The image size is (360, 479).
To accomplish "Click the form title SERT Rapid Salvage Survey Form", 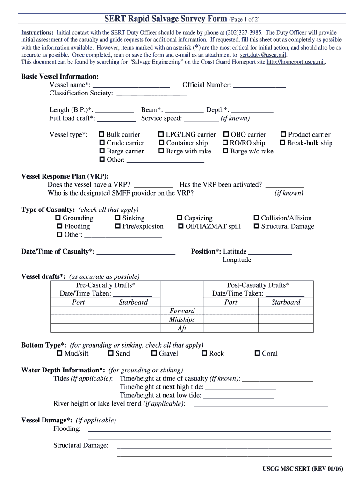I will pyautogui.click(x=166, y=19).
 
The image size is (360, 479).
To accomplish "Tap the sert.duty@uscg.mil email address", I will pyautogui.click(x=259, y=55).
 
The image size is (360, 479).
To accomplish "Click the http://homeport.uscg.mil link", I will pyautogui.click(x=295, y=62).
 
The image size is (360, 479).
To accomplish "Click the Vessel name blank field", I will pyautogui.click(x=131, y=85).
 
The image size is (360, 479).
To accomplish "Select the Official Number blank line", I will pyautogui.click(x=259, y=85).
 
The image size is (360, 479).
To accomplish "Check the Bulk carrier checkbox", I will pyautogui.click(x=101, y=135).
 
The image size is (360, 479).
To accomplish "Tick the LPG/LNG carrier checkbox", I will pyautogui.click(x=161, y=135).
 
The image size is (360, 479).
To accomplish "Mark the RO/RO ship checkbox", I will pyautogui.click(x=225, y=143).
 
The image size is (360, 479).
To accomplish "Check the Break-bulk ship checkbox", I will pyautogui.click(x=282, y=143).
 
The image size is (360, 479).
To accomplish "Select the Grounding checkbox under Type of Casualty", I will pyautogui.click(x=58, y=218).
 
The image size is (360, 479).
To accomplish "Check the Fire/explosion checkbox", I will pyautogui.click(x=118, y=227).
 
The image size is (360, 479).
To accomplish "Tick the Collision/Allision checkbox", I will pyautogui.click(x=256, y=218).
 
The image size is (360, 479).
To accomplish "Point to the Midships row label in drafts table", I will pyautogui.click(x=182, y=319).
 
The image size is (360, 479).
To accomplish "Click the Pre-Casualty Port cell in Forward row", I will pyautogui.click(x=78, y=311).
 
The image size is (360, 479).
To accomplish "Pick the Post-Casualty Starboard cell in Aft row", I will pyautogui.click(x=286, y=328).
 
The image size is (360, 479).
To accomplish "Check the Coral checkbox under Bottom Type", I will pyautogui.click(x=257, y=354).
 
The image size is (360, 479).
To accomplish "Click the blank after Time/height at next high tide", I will pyautogui.click(x=240, y=387).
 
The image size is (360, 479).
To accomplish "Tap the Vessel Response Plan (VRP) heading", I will pyautogui.click(x=65, y=176).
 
